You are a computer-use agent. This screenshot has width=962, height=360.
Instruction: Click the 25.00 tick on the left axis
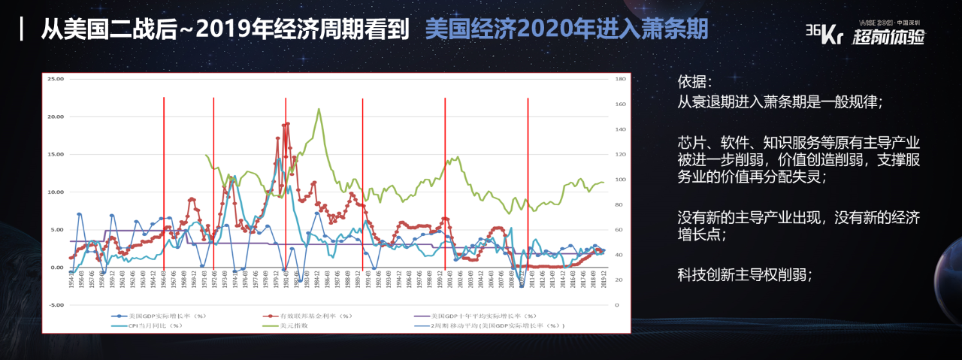point(55,79)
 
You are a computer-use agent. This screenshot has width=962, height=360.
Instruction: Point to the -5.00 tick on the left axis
point(55,305)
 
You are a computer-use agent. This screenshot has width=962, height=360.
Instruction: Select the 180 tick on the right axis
point(620,79)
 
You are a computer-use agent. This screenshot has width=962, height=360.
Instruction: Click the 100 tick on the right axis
point(620,180)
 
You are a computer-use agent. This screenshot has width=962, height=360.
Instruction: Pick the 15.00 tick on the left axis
point(55,154)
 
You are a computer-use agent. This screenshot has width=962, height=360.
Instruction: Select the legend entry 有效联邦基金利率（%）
point(308,316)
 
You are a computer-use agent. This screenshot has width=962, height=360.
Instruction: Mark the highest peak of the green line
point(319,109)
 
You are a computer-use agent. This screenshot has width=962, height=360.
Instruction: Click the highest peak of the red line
point(287,123)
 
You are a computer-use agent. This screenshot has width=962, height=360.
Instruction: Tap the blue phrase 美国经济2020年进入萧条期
point(566,29)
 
